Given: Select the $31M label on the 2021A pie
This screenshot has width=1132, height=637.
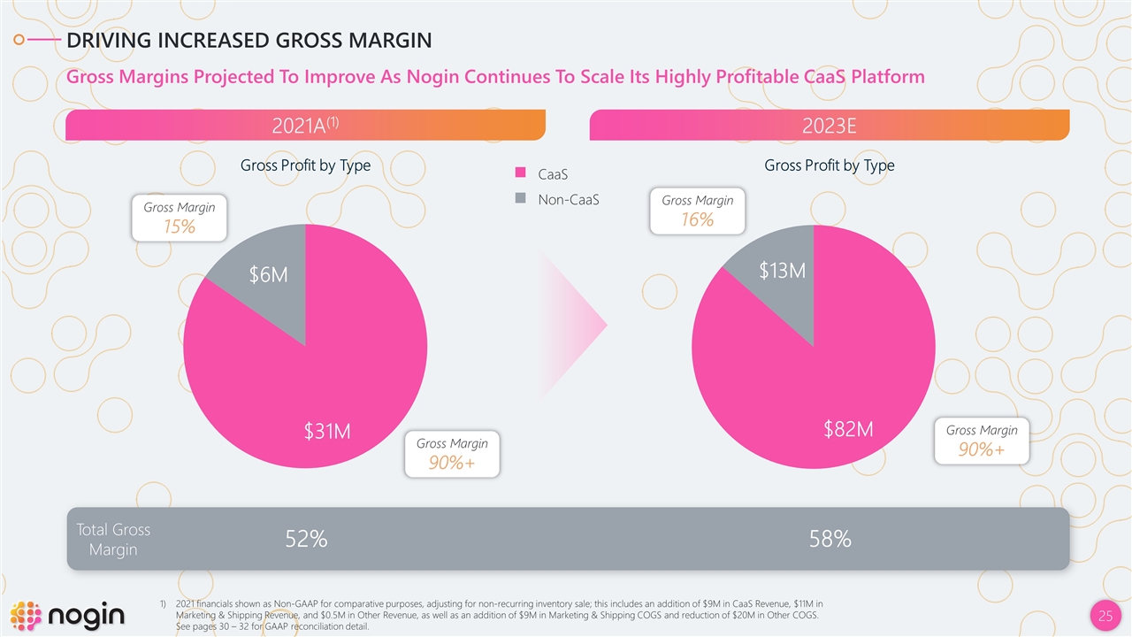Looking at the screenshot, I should [327, 432].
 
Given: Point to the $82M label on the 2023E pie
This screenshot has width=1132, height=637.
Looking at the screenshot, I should [848, 430].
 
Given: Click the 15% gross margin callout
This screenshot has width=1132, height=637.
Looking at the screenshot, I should [179, 217].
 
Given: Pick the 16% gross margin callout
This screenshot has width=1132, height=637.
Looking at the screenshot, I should [697, 211].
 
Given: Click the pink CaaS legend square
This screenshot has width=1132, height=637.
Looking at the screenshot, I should [521, 173].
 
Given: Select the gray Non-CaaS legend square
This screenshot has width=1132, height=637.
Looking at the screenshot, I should [521, 199].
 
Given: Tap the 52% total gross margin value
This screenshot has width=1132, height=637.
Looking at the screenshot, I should [306, 539].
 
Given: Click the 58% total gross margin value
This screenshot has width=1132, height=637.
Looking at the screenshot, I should [830, 539].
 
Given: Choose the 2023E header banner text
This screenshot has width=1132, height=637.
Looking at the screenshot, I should [829, 126].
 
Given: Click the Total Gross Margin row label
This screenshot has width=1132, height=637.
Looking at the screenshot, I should [113, 540].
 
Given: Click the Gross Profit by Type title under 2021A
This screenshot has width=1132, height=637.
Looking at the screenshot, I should [305, 165].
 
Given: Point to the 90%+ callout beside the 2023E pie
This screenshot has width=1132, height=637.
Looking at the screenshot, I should [982, 441].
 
